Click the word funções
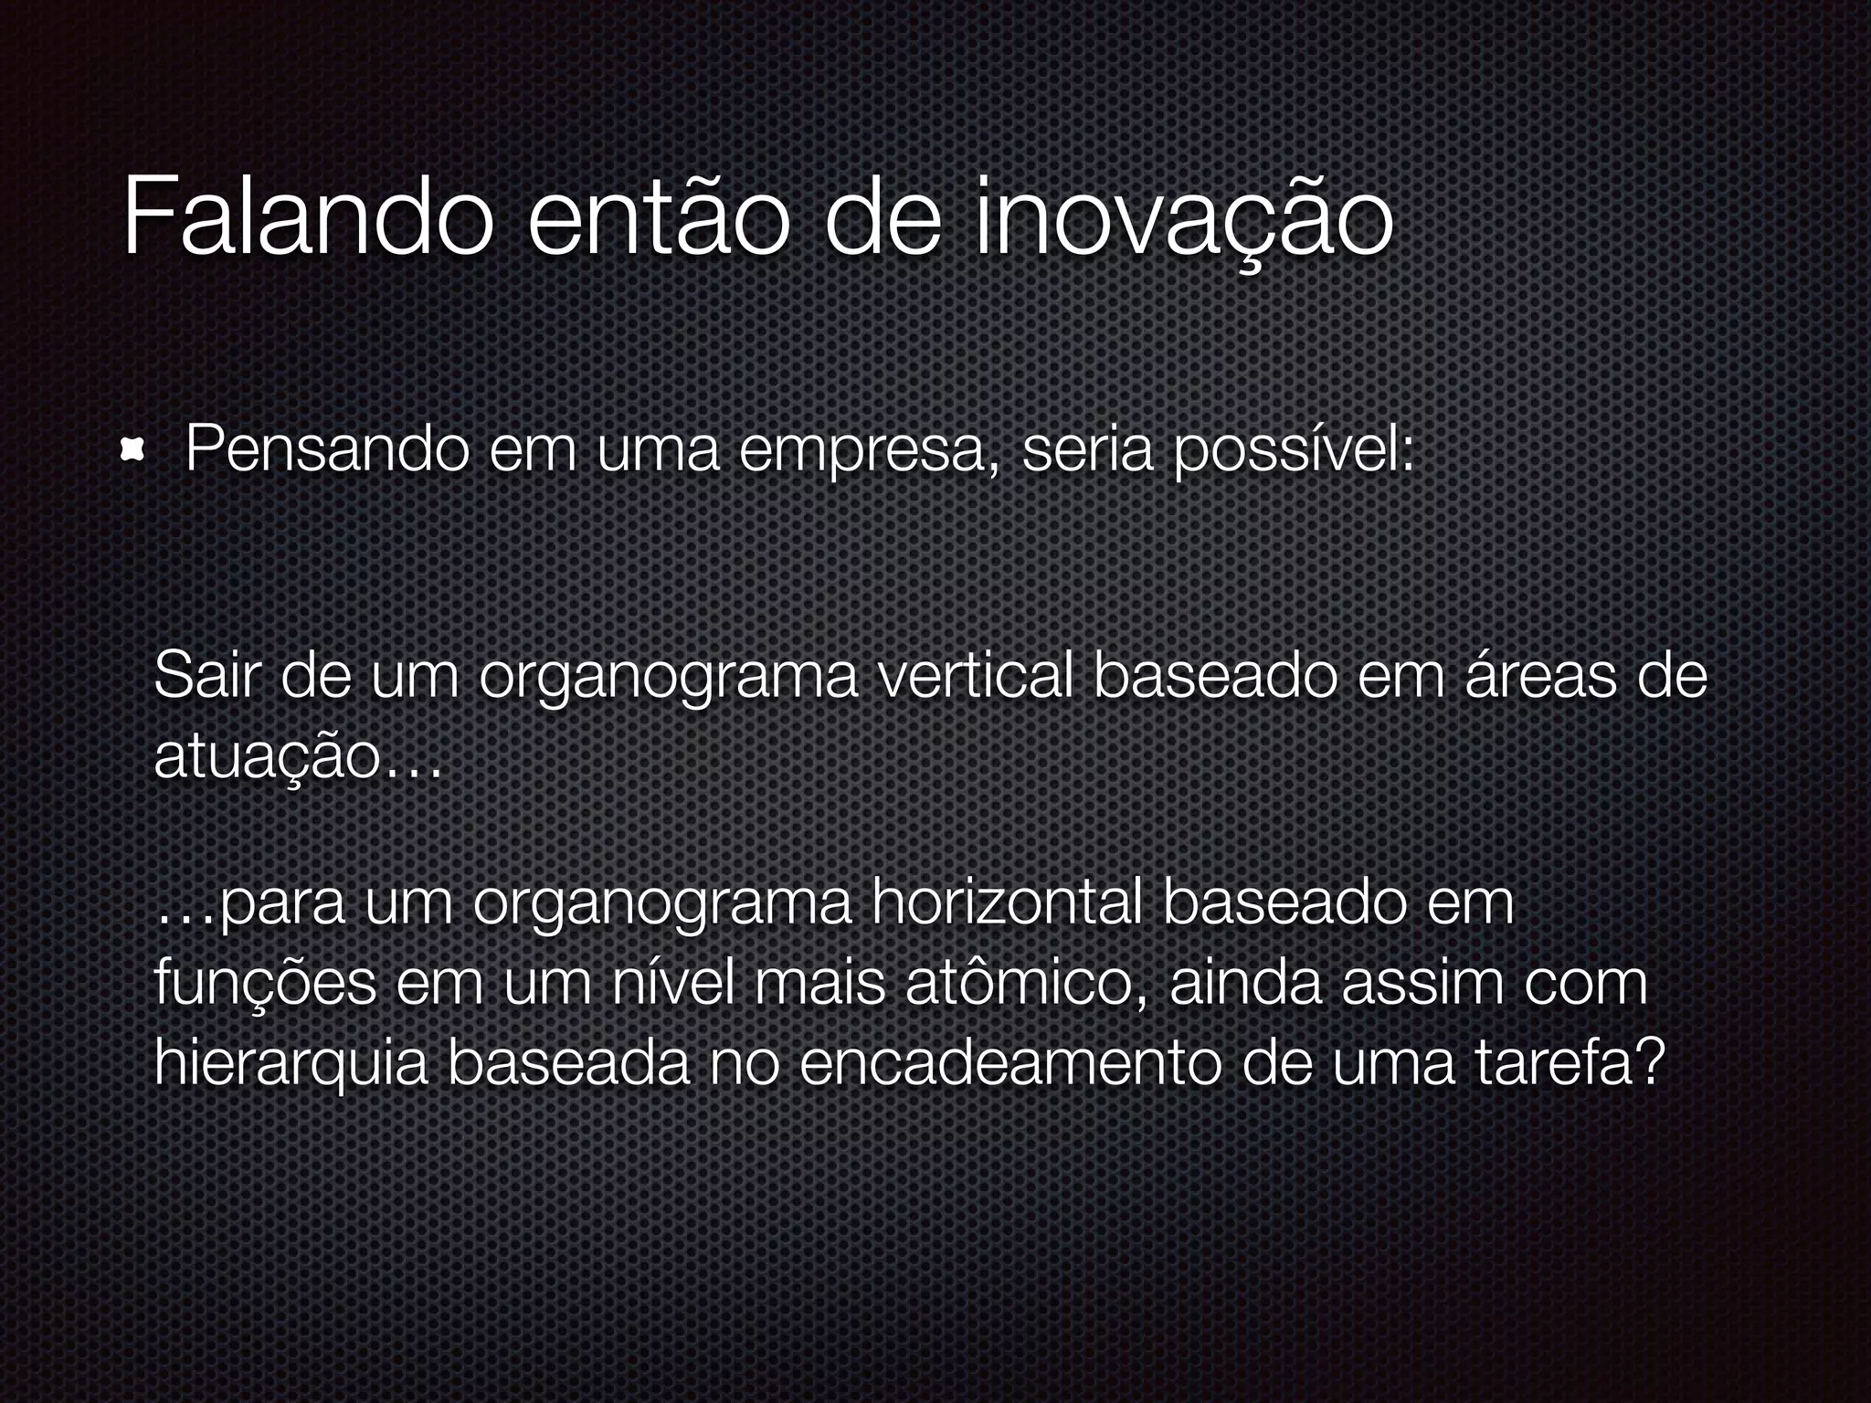tap(265, 984)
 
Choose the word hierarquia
tap(291, 1064)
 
